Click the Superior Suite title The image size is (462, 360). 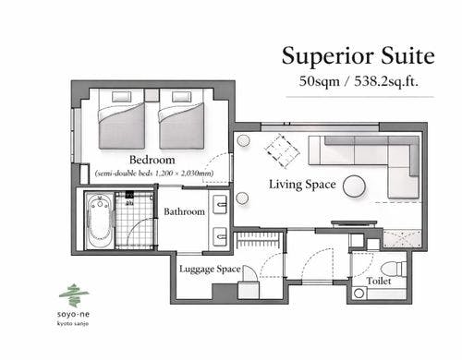(x=359, y=55)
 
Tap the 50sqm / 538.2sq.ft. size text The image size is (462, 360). (x=359, y=81)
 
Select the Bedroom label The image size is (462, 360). (x=152, y=160)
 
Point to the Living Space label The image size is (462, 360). (x=302, y=185)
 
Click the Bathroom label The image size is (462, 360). (x=184, y=211)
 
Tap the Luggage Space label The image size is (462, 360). (x=210, y=270)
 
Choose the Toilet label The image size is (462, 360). (x=379, y=281)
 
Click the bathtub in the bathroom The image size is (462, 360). (x=99, y=220)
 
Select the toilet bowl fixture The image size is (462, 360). (x=394, y=269)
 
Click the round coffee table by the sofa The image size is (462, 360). (x=354, y=186)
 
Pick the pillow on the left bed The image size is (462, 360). (x=122, y=96)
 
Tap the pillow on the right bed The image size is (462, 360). (x=182, y=96)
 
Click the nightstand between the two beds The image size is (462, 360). (x=152, y=95)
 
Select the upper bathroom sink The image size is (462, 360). (x=220, y=204)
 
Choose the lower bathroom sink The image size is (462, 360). (x=220, y=236)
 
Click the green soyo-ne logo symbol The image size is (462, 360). (x=74, y=295)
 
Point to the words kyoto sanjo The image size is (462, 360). (x=73, y=323)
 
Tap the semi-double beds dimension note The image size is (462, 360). (x=154, y=174)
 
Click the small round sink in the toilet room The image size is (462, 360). (x=359, y=293)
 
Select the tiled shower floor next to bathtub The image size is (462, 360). (x=134, y=220)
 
